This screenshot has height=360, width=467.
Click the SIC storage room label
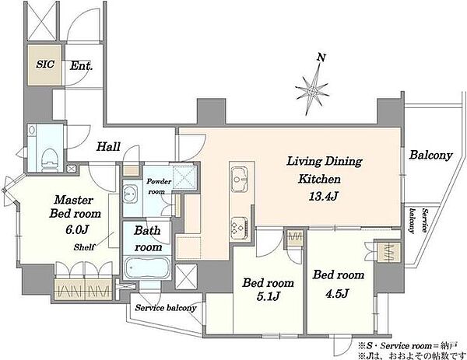pos(45,64)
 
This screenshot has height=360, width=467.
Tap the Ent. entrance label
pos(81,66)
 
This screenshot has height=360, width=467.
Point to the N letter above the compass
pos(321,58)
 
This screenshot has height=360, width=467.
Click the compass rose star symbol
pos(312,90)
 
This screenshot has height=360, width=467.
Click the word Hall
pos(109,146)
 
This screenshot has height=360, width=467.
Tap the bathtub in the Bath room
pos(146,267)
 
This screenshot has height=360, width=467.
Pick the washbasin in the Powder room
pos(130,194)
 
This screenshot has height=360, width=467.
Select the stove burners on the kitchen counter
pos(239,228)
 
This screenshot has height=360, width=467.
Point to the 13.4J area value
pos(323,197)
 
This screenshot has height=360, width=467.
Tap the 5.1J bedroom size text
pos(268,296)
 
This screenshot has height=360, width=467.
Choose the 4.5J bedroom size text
pos(337,294)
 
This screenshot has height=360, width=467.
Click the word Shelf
pos(84,247)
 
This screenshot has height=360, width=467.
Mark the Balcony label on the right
pos(430,155)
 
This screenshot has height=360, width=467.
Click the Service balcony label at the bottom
pos(166,308)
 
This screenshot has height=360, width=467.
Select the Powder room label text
pos(159,187)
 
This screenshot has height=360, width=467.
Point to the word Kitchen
pos(319,179)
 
